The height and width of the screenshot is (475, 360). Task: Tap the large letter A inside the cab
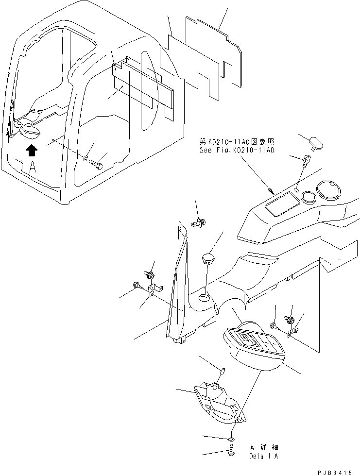[32, 168]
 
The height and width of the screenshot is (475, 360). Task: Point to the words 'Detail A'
[264, 456]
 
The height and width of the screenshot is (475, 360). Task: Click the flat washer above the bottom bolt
[232, 439]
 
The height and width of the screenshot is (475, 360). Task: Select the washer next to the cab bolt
[86, 158]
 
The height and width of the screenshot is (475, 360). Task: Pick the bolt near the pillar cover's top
[198, 223]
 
